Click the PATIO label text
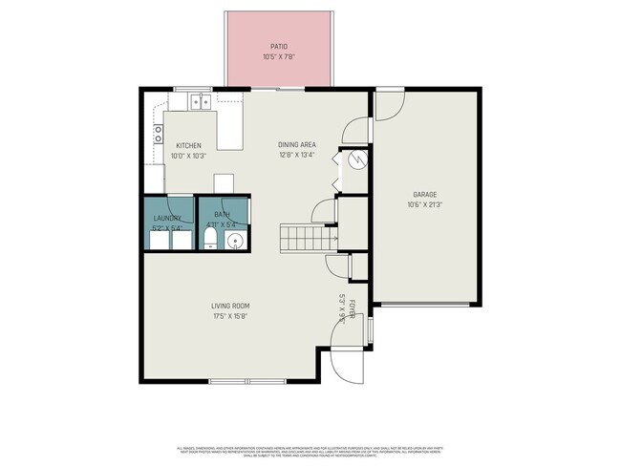(x=278, y=47)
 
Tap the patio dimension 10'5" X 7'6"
(x=278, y=57)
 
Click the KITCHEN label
(x=187, y=145)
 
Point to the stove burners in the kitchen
(x=156, y=135)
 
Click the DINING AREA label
(x=297, y=145)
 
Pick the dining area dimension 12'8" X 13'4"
(x=297, y=155)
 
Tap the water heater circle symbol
(x=354, y=160)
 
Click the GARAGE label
(x=425, y=193)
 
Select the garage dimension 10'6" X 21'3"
(x=425, y=203)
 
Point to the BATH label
(x=222, y=215)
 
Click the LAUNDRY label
(x=168, y=218)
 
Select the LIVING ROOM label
(x=237, y=306)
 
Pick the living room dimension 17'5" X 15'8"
(x=237, y=316)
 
